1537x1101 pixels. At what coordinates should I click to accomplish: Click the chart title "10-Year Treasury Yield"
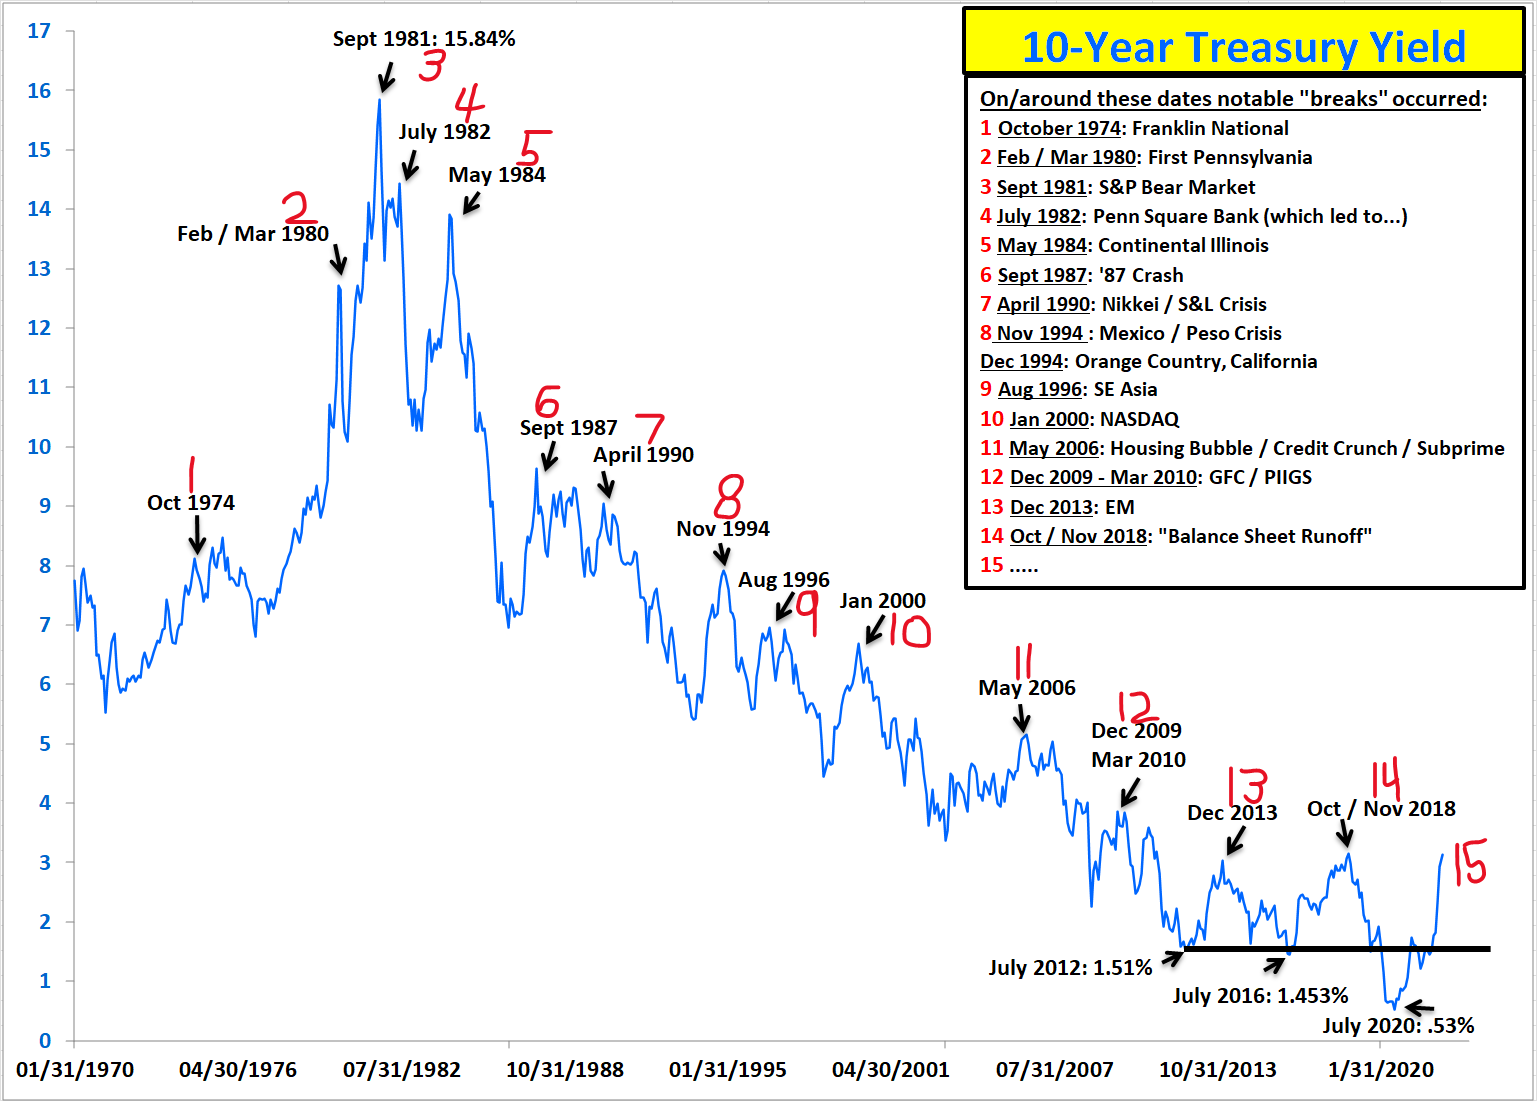click(1243, 47)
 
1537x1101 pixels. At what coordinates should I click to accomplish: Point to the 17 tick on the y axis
click(39, 31)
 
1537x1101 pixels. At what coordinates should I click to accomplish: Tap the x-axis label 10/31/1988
click(565, 1070)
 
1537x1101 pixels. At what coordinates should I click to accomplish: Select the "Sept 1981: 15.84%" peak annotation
click(424, 39)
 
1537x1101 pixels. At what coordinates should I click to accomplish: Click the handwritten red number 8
click(729, 496)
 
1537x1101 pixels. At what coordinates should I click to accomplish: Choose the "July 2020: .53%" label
click(1398, 1025)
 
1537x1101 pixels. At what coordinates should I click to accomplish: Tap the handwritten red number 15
click(1469, 862)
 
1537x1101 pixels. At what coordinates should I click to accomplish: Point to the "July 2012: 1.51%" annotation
click(1070, 967)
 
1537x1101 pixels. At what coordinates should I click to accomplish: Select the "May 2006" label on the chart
click(1027, 688)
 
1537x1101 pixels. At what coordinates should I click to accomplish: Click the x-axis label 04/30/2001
click(891, 1070)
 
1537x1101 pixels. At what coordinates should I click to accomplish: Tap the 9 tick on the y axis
click(44, 506)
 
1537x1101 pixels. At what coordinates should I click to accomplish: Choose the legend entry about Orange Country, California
click(1148, 361)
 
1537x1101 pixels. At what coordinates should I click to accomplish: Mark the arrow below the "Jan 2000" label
click(875, 629)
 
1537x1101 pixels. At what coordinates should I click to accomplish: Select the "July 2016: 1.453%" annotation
click(1260, 995)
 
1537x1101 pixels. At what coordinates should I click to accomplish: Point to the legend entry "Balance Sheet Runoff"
click(1189, 536)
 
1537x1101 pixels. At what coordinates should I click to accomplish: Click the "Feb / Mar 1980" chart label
click(252, 234)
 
